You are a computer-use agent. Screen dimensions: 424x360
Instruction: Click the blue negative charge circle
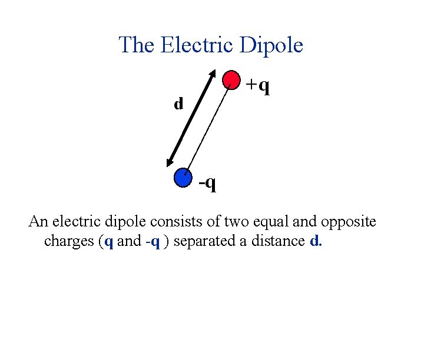[x=184, y=177]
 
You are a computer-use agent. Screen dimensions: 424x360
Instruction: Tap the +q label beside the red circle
[x=259, y=86]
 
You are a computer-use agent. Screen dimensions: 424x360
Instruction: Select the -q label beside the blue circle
[x=207, y=184]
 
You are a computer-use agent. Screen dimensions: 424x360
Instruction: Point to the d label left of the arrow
[x=178, y=104]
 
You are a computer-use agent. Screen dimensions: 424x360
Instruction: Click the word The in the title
[x=136, y=45]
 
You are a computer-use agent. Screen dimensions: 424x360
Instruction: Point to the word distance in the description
[x=281, y=242]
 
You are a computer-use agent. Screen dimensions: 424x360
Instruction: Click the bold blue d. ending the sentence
[x=315, y=242]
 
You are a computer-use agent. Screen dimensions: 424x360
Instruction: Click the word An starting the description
[x=39, y=222]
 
